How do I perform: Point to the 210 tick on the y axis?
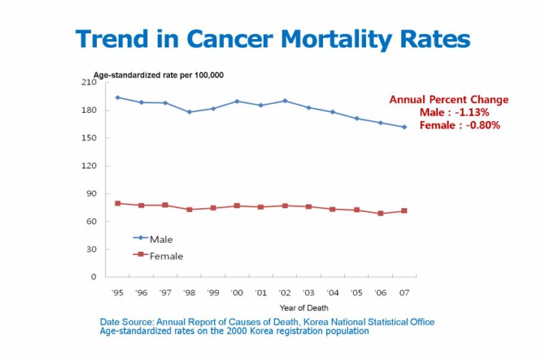pyautogui.click(x=89, y=83)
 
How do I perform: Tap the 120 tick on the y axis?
pyautogui.click(x=89, y=166)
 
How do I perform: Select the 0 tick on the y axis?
pyautogui.click(x=94, y=277)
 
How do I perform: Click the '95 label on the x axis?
pyautogui.click(x=118, y=292)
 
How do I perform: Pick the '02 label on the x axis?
pyautogui.click(x=285, y=292)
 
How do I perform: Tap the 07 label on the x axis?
pyautogui.click(x=404, y=292)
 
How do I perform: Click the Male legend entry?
pyautogui.click(x=161, y=239)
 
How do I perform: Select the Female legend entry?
pyautogui.click(x=166, y=256)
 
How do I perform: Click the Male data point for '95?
pyautogui.click(x=118, y=98)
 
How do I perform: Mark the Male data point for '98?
pyautogui.click(x=189, y=112)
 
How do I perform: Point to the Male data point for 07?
pyautogui.click(x=404, y=127)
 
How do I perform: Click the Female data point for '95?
pyautogui.click(x=118, y=204)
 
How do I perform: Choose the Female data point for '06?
pyautogui.click(x=380, y=213)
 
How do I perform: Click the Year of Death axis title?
pyautogui.click(x=304, y=307)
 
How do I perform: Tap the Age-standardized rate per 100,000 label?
pyautogui.click(x=159, y=75)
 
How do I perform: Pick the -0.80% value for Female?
pyautogui.click(x=482, y=125)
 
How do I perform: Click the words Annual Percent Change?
pyautogui.click(x=449, y=99)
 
